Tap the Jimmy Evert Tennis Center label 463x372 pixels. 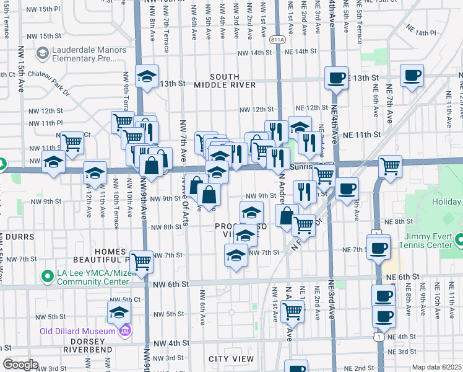[428, 240]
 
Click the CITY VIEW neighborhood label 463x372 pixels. [231, 359]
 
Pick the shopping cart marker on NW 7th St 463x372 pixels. [142, 261]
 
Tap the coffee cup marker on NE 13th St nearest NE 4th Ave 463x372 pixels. [336, 77]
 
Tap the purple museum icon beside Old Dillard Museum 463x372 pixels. [126, 330]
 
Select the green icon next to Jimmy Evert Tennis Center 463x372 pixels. [459, 239]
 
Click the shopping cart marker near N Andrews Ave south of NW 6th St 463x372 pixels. [292, 311]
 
